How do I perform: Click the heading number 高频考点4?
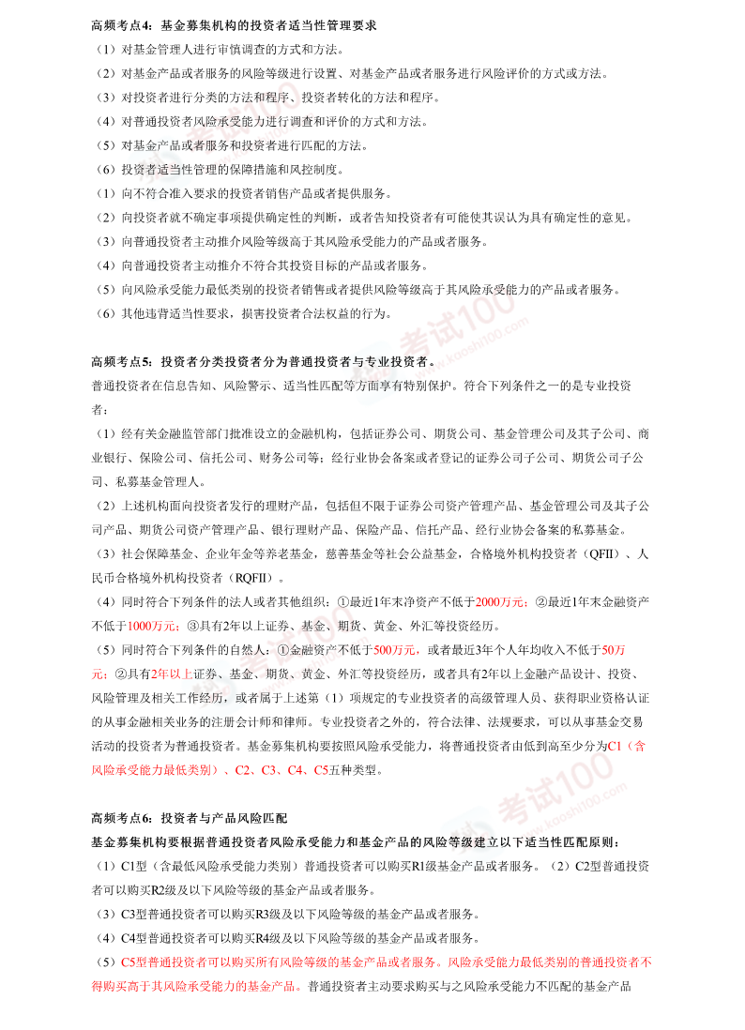tap(121, 24)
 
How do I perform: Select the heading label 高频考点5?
tap(121, 360)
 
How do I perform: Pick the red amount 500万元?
tap(395, 649)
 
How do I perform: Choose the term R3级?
tap(269, 913)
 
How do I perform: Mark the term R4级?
tap(269, 937)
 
